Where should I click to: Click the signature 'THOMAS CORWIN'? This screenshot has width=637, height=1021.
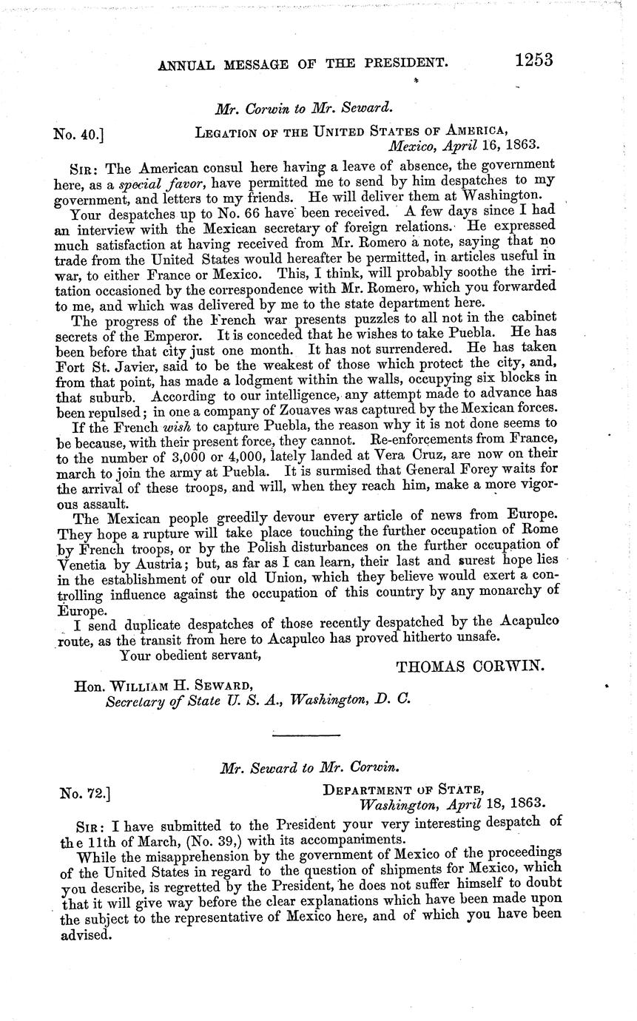(x=471, y=667)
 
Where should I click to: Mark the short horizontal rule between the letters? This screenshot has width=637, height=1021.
(x=306, y=735)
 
